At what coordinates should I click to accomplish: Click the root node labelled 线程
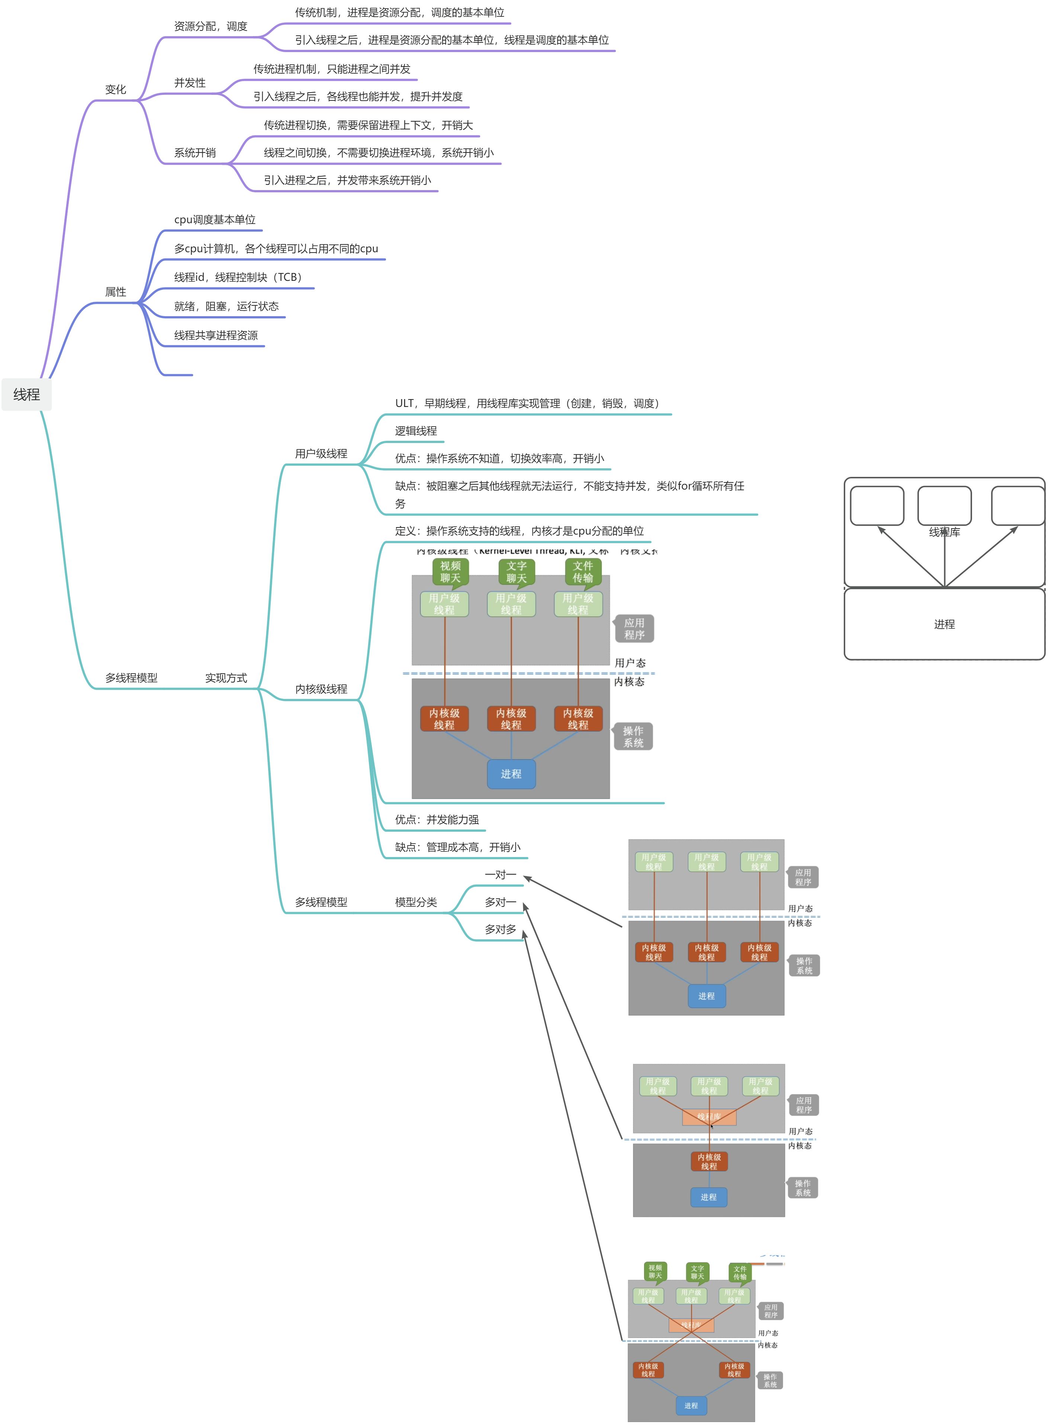(27, 395)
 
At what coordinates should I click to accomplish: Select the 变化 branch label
(116, 90)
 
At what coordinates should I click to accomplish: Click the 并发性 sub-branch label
(190, 83)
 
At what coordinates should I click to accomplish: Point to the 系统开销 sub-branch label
(195, 153)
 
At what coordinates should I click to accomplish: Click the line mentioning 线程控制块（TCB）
(238, 277)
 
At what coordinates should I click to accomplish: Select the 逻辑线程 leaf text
(416, 431)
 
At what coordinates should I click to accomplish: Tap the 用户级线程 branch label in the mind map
(321, 453)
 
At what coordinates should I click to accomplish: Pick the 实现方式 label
(226, 678)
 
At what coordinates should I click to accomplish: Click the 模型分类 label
(416, 902)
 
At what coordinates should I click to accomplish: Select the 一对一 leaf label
(501, 875)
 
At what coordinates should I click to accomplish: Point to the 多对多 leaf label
(501, 929)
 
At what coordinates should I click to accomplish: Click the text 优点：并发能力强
(437, 819)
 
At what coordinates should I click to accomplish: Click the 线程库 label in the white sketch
(944, 532)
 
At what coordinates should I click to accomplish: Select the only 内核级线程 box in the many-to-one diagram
(709, 1161)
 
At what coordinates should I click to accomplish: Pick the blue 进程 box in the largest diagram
(511, 774)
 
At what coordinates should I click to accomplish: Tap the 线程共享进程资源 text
(216, 336)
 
